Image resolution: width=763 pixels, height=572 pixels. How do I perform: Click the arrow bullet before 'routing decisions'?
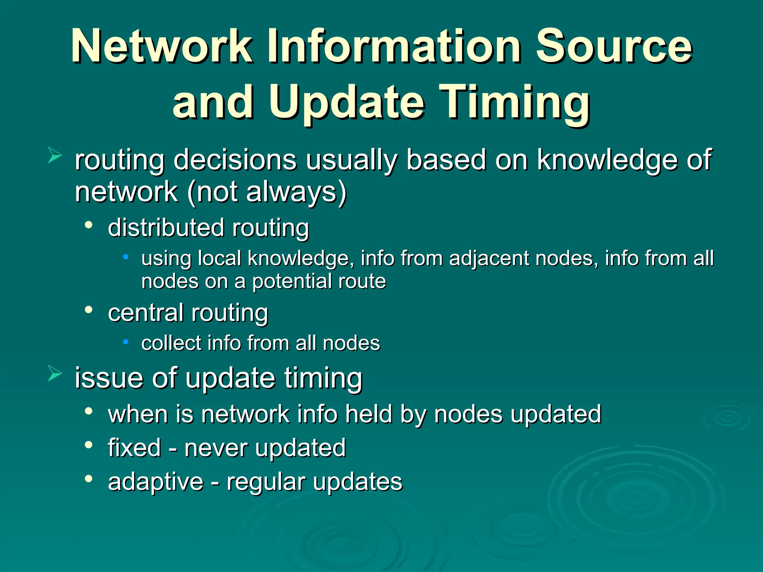point(55,156)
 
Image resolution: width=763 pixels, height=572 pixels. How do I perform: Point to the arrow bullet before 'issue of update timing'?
point(55,374)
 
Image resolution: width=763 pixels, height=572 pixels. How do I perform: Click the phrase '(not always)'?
point(267,192)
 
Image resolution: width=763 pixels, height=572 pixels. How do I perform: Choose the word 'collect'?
point(171,343)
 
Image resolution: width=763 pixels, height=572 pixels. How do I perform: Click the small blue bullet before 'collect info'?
point(126,341)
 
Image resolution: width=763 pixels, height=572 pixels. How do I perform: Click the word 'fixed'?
point(134,448)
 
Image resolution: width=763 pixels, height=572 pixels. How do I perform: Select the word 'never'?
point(215,448)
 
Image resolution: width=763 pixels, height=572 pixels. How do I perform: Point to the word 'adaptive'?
point(156,482)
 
